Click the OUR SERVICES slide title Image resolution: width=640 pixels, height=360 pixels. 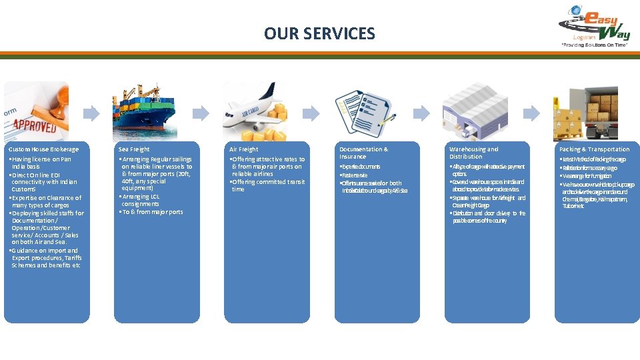pyautogui.click(x=319, y=33)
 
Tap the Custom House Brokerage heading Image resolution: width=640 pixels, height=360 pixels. pyautogui.click(x=43, y=149)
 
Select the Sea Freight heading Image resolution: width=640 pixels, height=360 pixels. pyautogui.click(x=134, y=149)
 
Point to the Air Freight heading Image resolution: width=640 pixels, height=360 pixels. pyautogui.click(x=243, y=149)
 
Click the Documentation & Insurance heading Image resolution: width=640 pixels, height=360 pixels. pyautogui.click(x=363, y=153)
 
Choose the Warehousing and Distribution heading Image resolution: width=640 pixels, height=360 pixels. pyautogui.click(x=473, y=153)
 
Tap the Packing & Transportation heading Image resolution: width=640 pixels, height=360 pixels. pyautogui.click(x=594, y=149)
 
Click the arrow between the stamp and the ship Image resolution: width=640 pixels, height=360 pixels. pyautogui.click(x=91, y=113)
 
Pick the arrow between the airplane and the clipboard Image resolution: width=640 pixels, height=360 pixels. pyautogui.click(x=311, y=113)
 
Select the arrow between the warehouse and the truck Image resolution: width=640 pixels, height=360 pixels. pyautogui.click(x=531, y=113)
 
